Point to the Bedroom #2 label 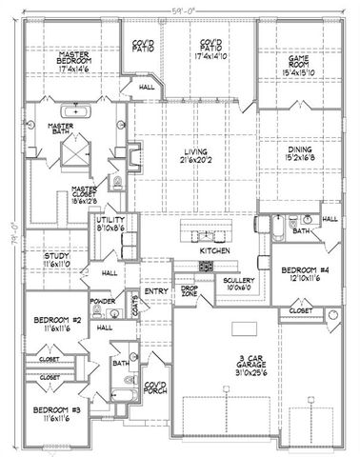(54, 319)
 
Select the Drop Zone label (188, 289)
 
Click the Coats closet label (136, 307)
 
